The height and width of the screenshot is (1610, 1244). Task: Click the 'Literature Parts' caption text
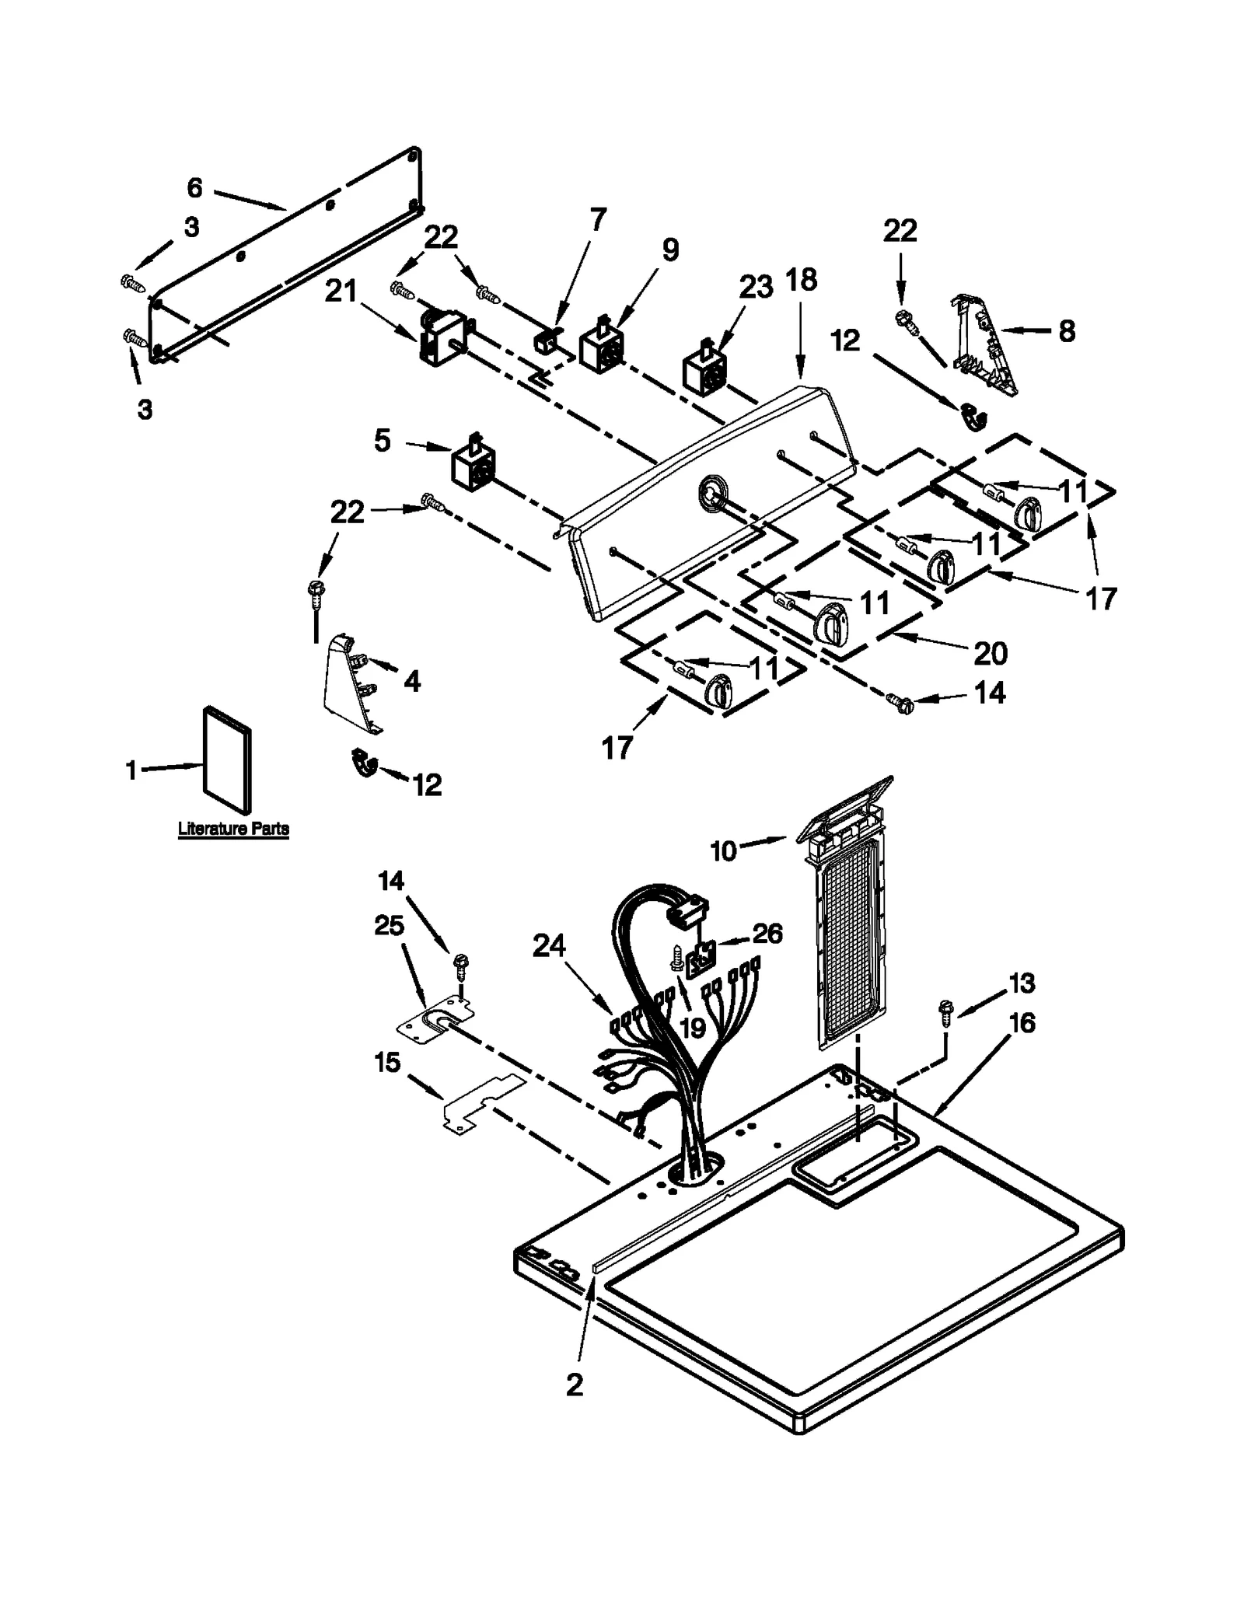pyautogui.click(x=233, y=829)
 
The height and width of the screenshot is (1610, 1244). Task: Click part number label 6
pyautogui.click(x=194, y=187)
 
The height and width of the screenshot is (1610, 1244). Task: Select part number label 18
pyautogui.click(x=802, y=280)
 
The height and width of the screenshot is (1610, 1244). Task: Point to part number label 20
pyautogui.click(x=991, y=653)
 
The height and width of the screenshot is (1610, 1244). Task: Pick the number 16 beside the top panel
pyautogui.click(x=1022, y=1023)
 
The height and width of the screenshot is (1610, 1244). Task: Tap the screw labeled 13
pyautogui.click(x=946, y=1012)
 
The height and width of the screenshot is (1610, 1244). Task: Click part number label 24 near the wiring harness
pyautogui.click(x=549, y=946)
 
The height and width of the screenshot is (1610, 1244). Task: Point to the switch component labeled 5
pyautogui.click(x=473, y=465)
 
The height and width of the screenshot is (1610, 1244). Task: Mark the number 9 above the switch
pyautogui.click(x=670, y=250)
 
